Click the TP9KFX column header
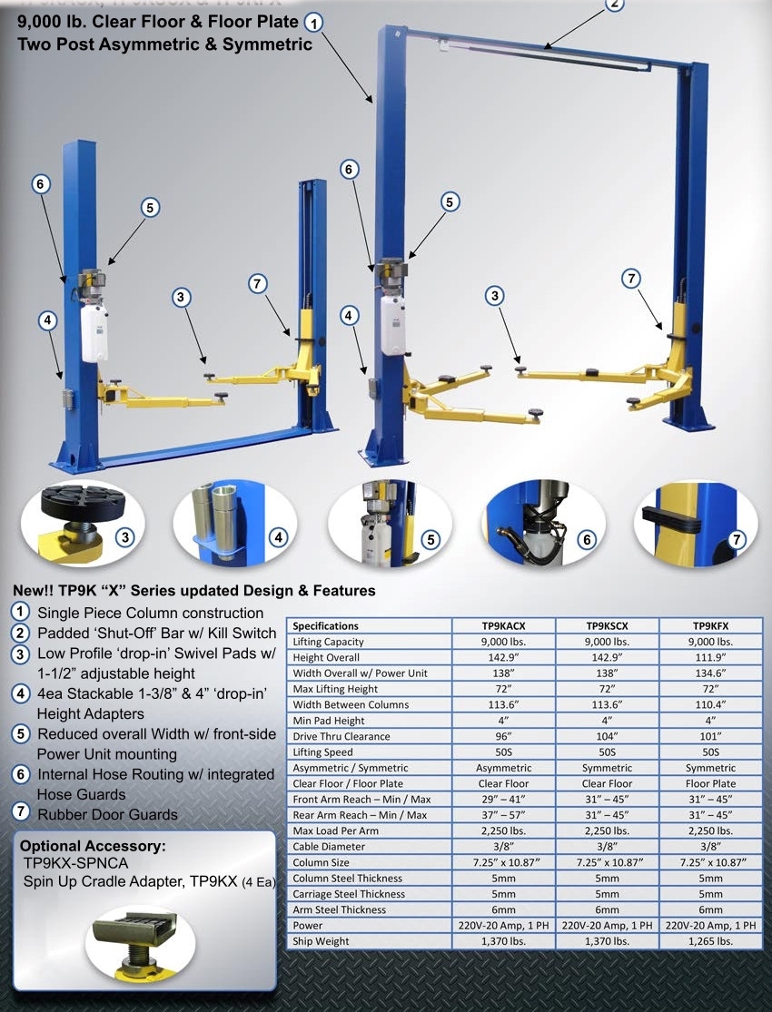coord(711,625)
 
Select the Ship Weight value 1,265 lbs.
coord(711,941)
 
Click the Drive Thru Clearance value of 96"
coord(504,736)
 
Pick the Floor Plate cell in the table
coord(711,783)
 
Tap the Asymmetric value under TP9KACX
coord(504,768)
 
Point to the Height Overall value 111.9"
coord(711,657)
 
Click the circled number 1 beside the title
coord(313,23)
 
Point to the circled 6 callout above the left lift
coord(41,184)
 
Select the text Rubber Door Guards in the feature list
coord(107,814)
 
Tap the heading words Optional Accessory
coord(93,846)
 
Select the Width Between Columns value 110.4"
coord(711,704)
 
